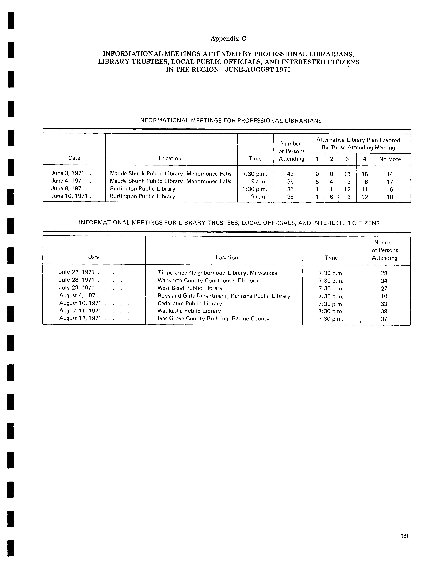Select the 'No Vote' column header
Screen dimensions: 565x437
pos(390,159)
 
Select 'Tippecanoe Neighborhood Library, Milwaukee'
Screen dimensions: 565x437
pos(217,273)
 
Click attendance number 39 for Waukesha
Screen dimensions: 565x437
pos(384,311)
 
